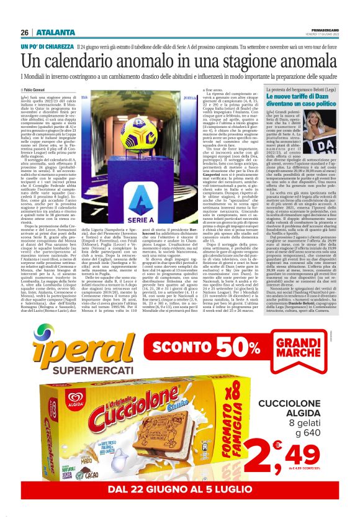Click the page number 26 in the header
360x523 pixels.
[x=25, y=32]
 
